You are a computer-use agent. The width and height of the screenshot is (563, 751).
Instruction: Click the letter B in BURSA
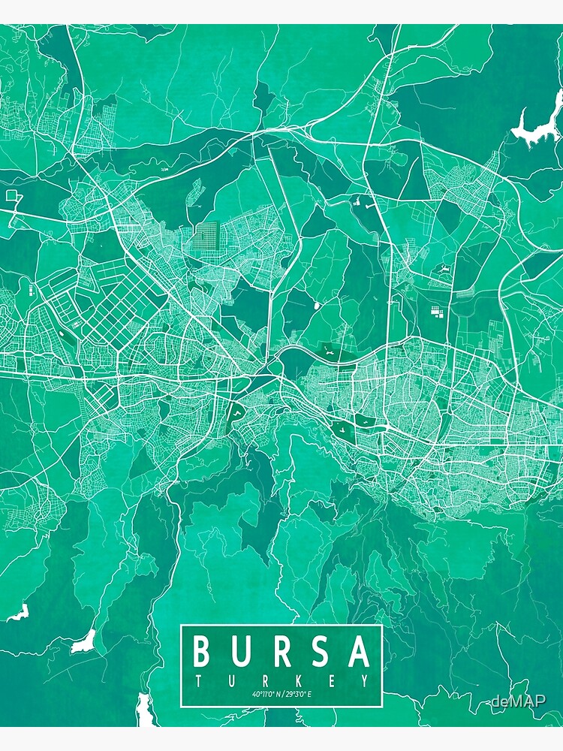pos(201,652)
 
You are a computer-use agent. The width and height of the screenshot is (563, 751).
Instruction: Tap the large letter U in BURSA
pos(241,652)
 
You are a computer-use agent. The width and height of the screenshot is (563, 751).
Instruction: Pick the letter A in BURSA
pos(360,652)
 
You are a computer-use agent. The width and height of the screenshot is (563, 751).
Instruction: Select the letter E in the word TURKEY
pos(332,681)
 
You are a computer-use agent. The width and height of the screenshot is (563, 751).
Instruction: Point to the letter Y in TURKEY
pos(365,681)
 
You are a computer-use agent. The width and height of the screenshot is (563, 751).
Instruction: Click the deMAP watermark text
pos(519,701)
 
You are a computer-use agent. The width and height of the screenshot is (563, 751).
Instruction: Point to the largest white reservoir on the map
pos(537,126)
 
